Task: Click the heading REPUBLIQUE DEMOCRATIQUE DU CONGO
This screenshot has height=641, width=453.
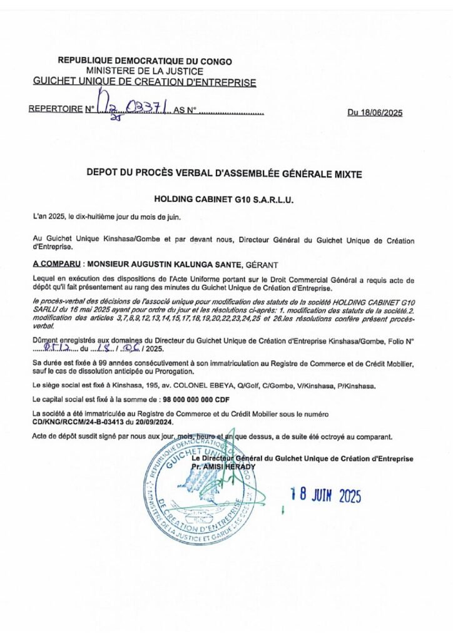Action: pos(145,61)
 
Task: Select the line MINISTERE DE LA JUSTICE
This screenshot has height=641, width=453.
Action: pos(145,71)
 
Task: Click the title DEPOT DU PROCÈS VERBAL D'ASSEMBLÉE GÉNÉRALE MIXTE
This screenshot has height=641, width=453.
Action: pos(225,175)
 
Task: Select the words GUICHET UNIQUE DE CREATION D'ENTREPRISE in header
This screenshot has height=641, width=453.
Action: pos(145,81)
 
